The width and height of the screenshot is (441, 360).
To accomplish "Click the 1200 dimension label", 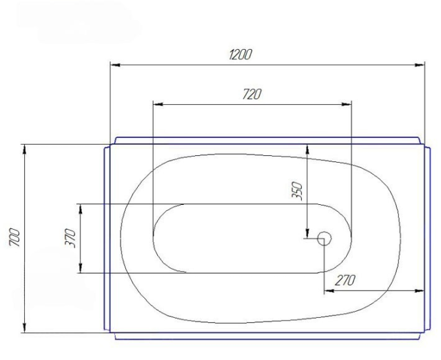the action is (x=240, y=54).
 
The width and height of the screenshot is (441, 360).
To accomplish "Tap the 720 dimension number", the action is (x=252, y=94).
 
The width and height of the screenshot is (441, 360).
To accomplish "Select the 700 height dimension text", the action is (x=15, y=237).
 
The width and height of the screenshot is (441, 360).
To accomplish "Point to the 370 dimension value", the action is (x=70, y=239).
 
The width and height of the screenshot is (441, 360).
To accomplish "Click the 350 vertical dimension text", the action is (x=297, y=192).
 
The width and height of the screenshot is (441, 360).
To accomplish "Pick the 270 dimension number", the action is (x=345, y=280).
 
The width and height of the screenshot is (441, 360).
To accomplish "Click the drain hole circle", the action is (x=325, y=239).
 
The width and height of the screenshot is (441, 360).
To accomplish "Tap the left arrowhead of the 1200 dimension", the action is (x=115, y=65).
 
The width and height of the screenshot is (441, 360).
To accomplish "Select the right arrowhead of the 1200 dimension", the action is (x=420, y=65).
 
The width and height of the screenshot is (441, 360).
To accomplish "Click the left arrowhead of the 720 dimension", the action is (x=158, y=105).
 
